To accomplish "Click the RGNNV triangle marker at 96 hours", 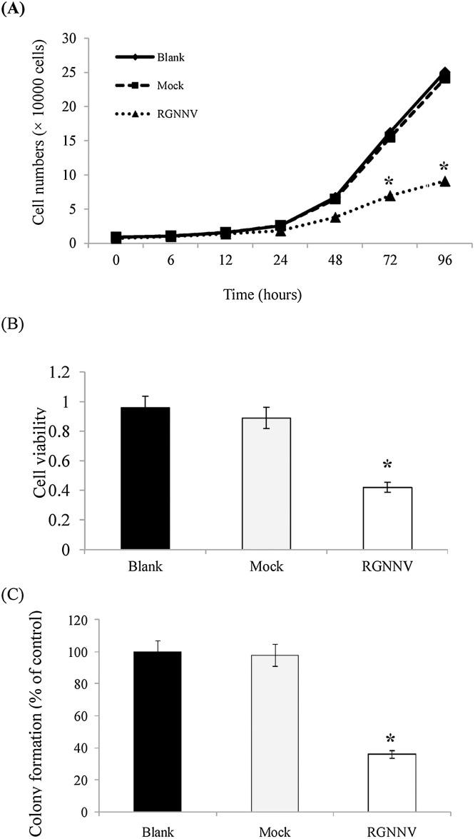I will (444, 181).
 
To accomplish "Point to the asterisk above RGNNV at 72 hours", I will (389, 181).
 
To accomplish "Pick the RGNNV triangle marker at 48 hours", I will (334, 217).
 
